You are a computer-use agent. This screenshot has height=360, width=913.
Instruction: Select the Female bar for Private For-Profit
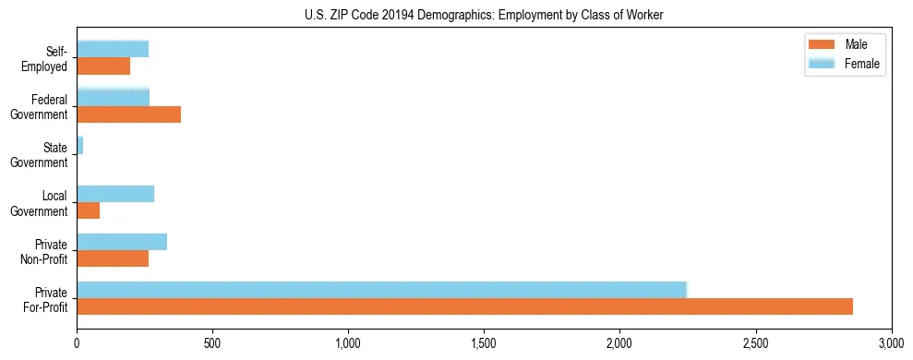[382, 290]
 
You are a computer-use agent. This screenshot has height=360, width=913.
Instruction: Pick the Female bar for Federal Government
[113, 97]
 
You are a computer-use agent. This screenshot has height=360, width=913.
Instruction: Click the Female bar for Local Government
[115, 194]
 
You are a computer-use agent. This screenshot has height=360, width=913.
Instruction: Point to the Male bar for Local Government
[88, 210]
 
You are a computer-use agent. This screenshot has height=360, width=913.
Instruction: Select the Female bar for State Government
[79, 146]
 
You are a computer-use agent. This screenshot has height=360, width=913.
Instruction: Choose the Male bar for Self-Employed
[103, 66]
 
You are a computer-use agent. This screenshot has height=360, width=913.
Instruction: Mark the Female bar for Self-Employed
[113, 49]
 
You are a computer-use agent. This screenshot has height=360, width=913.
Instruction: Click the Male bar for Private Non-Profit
[113, 258]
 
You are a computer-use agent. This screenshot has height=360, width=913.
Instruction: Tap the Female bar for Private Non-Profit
[122, 242]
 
